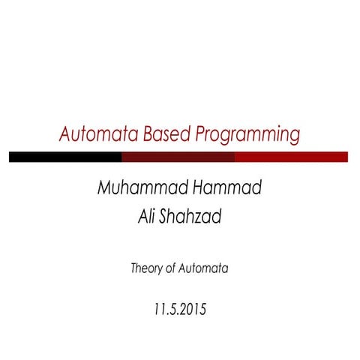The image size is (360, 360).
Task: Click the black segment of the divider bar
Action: point(65,157)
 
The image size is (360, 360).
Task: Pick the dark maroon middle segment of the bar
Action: point(178,157)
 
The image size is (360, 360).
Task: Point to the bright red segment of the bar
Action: point(291,157)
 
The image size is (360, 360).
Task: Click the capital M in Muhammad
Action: point(104,188)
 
